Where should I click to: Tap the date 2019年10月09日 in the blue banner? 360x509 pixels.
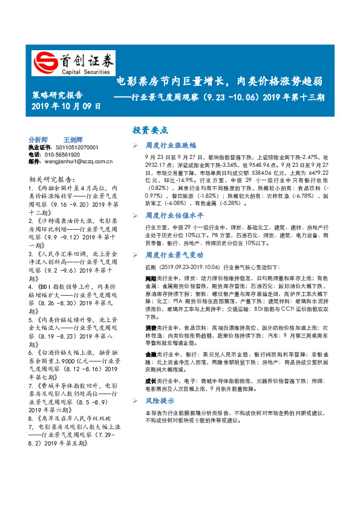coord(66,106)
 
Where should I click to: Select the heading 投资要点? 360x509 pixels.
coord(151,130)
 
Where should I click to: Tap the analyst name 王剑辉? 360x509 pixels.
coord(73,139)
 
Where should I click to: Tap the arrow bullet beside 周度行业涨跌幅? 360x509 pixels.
coord(136,146)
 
